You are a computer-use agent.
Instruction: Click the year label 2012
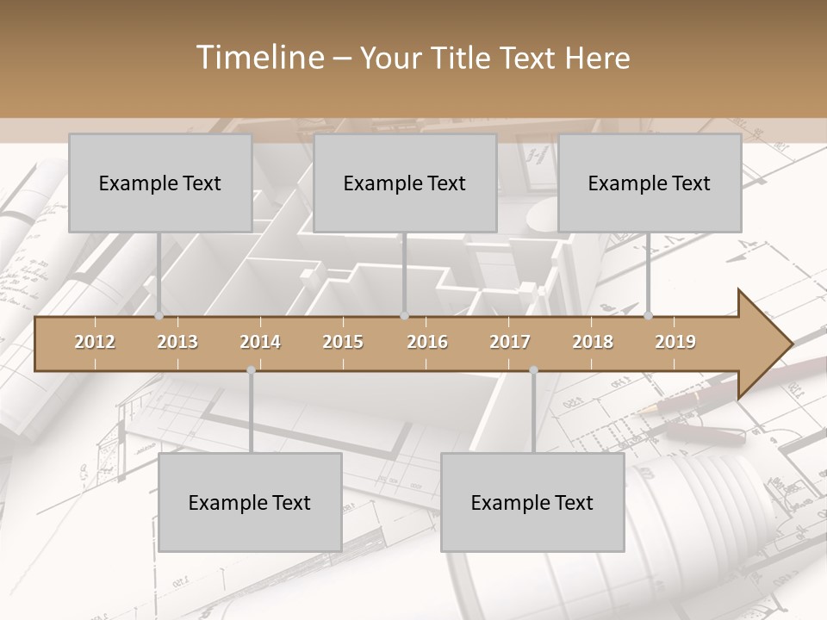pos(95,342)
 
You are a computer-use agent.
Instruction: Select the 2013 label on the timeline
pos(177,342)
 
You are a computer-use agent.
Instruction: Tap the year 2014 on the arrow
pos(260,342)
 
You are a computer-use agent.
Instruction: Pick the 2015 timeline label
pos(343,342)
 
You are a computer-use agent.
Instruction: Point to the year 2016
pos(427,342)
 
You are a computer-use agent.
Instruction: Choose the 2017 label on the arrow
pos(510,342)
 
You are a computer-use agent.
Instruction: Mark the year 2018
pos(593,342)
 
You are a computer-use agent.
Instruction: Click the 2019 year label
pos(675,342)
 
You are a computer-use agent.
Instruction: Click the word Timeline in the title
pos(258,58)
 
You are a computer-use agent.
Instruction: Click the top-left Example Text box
pos(160,183)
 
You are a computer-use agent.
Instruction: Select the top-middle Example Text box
pos(405,183)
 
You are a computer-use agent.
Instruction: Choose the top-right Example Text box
pos(650,183)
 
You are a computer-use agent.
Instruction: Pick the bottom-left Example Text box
pos(250,502)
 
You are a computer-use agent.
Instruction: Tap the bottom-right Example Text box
pos(532,502)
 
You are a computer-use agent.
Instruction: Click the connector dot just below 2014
pos(251,370)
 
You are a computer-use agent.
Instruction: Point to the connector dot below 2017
pos(533,370)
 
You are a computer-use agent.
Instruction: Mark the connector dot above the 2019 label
pos(649,315)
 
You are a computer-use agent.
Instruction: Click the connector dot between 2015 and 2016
pos(404,315)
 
